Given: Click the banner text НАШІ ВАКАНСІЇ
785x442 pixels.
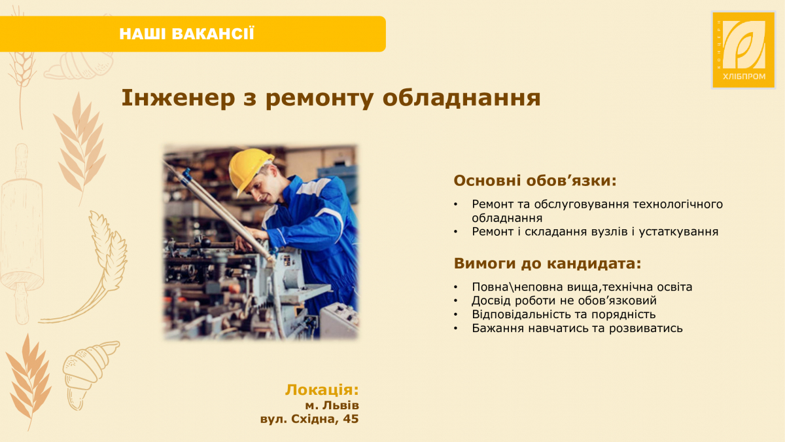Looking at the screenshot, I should (186, 34).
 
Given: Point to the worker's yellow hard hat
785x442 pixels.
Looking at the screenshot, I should (250, 168).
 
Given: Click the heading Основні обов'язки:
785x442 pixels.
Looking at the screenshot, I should (535, 180).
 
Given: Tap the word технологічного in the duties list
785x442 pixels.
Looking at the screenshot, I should (679, 204).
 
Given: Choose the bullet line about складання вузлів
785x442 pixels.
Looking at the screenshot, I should (595, 232).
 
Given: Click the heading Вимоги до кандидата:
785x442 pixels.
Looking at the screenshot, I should (548, 264).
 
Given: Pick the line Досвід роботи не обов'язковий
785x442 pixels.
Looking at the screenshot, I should (564, 301).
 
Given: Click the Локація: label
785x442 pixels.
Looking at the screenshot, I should (322, 390).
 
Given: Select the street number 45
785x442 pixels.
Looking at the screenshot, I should (351, 419).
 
